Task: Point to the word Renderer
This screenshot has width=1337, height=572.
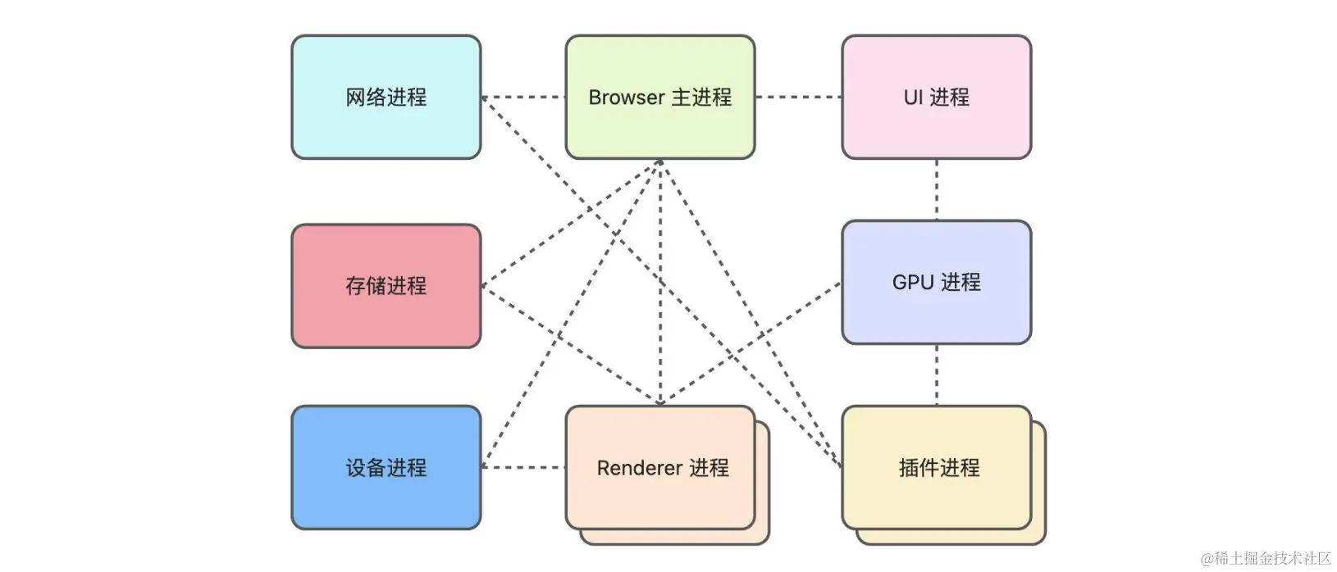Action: [640, 468]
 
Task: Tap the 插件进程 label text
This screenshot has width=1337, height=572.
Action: [939, 468]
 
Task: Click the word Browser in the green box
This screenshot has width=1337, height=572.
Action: [627, 98]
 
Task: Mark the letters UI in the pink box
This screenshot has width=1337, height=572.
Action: [914, 98]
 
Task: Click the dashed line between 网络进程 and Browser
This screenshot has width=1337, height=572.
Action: [523, 97]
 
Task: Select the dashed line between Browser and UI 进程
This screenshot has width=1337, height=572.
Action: [798, 97]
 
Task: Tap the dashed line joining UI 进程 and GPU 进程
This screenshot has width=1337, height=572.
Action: [937, 189]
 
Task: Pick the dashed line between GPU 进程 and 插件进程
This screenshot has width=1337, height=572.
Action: [937, 375]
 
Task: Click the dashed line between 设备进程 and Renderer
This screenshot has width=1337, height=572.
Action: [523, 467]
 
